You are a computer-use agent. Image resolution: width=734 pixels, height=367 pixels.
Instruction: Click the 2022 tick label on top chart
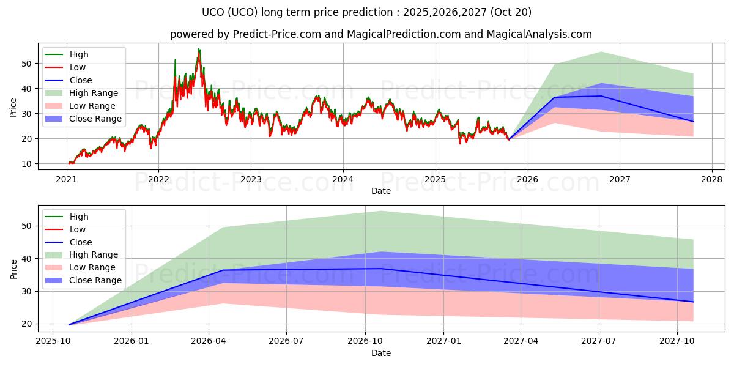158,179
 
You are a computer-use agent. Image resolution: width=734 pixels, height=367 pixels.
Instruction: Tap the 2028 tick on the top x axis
712,179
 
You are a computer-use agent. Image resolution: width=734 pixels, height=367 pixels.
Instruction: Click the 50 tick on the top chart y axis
26,63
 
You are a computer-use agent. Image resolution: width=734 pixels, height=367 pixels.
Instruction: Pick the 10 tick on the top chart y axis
26,164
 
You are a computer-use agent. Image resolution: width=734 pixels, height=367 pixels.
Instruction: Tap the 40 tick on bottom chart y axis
26,259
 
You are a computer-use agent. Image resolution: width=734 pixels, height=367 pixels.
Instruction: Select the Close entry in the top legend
80,80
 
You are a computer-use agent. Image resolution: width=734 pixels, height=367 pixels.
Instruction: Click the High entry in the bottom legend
79,217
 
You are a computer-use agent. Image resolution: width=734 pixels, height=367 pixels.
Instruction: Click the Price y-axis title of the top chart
13,107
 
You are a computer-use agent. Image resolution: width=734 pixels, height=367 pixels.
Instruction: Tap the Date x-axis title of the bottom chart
380,353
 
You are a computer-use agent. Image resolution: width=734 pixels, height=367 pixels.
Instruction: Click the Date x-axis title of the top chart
380,191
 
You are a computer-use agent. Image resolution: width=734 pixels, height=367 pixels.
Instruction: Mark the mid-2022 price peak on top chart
198,50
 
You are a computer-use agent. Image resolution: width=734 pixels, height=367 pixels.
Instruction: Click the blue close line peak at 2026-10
381,269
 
